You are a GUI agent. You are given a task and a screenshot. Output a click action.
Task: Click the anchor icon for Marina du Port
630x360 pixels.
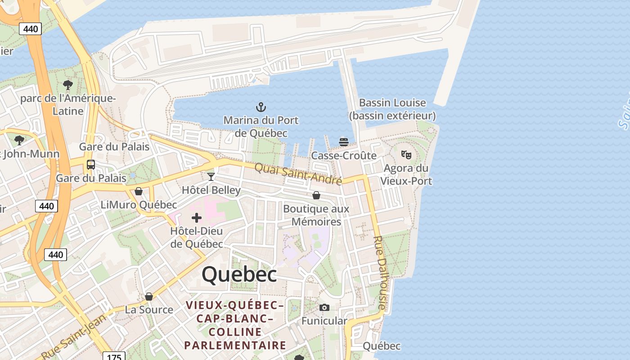pos(261,107)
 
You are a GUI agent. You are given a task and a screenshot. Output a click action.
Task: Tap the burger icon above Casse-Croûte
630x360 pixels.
pos(344,142)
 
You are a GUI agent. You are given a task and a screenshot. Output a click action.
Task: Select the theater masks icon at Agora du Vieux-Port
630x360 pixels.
pos(406,155)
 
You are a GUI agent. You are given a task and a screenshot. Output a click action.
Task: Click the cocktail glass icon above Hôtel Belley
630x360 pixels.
pos(211,176)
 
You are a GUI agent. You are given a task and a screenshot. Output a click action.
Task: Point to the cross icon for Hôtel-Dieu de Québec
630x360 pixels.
pos(197,218)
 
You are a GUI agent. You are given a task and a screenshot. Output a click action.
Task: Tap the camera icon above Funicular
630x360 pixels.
pos(324,308)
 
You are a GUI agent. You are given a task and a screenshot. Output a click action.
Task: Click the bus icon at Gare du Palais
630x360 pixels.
pos(91,165)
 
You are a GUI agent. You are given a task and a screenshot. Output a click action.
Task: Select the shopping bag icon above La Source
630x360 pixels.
pos(149,297)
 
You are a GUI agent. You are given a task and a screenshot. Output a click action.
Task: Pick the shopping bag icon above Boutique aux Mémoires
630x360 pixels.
pos(316,195)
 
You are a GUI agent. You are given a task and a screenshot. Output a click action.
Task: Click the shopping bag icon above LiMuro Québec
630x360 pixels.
pos(139,191)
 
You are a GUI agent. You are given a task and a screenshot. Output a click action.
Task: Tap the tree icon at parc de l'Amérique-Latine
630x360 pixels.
pos(68,85)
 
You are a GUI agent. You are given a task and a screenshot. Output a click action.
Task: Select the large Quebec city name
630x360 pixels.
pos(239,274)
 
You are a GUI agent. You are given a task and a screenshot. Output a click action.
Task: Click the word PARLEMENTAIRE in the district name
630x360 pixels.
pos(235,345)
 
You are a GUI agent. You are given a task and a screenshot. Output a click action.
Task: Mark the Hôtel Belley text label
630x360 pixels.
pos(211,190)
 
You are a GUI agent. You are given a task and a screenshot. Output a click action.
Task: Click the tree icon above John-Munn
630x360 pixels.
pos(19,140)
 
